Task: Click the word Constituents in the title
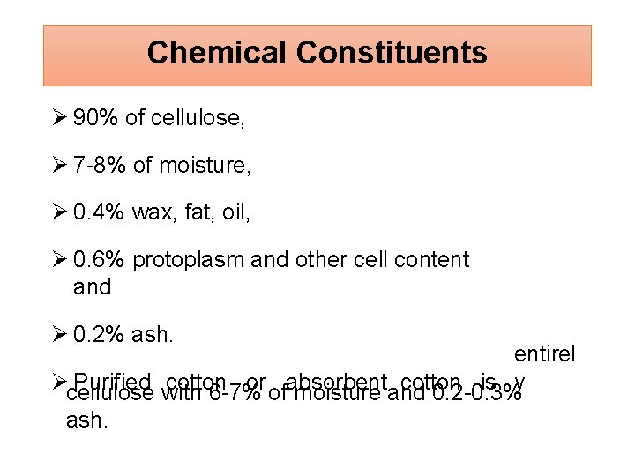(x=392, y=53)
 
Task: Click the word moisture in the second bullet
(x=206, y=166)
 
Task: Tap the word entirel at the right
(x=544, y=354)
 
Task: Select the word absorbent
(x=338, y=382)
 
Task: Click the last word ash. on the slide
(x=87, y=420)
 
